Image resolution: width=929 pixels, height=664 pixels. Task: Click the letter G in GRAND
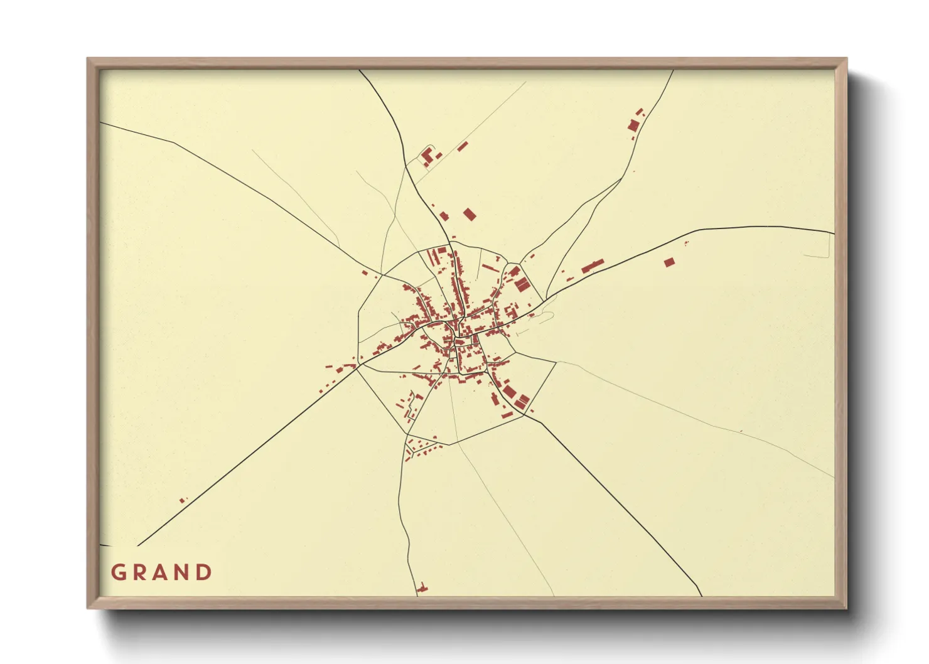[x=118, y=572]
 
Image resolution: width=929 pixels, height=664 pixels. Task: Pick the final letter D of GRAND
[x=204, y=572]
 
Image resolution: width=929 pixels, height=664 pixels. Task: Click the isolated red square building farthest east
[x=669, y=262]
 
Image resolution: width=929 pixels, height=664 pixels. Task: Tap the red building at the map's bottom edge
[x=422, y=589]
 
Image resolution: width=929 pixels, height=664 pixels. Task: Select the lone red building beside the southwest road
[x=183, y=500]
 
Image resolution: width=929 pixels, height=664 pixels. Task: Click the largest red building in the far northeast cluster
[x=633, y=126]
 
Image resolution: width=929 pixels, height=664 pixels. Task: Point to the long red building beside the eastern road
[x=593, y=265]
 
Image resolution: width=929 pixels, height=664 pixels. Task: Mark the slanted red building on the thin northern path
[x=463, y=147]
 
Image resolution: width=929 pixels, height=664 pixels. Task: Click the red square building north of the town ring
[x=469, y=215]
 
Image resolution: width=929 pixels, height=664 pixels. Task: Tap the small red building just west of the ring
[x=365, y=273]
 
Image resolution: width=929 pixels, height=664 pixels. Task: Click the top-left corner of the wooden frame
[x=88, y=59]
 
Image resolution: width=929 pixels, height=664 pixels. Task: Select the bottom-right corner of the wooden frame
[x=846, y=608]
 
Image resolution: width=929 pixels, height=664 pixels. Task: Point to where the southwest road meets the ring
[x=359, y=365]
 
